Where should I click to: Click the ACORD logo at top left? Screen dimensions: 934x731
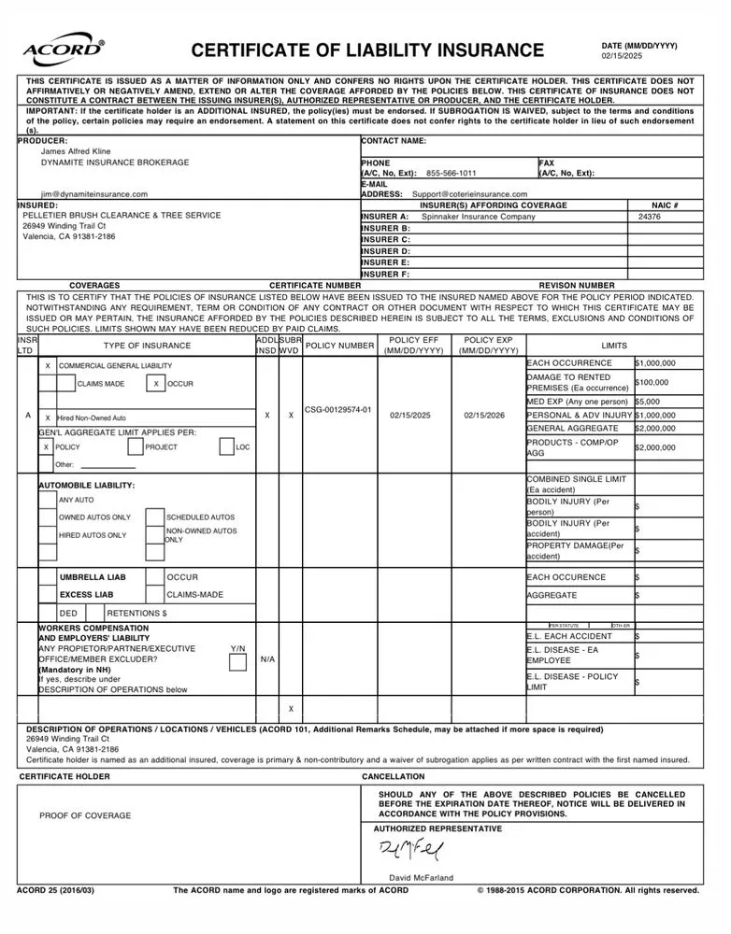tap(62, 50)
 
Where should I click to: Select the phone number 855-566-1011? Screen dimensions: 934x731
tap(451, 173)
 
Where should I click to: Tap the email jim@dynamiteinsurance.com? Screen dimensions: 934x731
tap(93, 194)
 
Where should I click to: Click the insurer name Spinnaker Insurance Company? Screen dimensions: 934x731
tap(479, 217)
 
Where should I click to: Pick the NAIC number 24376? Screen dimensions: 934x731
tap(650, 217)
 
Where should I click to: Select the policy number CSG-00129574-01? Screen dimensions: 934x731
tap(338, 409)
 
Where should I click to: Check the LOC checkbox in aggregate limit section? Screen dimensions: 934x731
tap(226, 447)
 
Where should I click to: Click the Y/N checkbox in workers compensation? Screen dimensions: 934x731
tap(237, 662)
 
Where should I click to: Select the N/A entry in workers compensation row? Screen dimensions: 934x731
tap(267, 659)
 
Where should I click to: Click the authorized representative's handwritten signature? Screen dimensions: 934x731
tap(412, 851)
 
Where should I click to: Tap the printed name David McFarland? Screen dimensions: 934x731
tap(421, 878)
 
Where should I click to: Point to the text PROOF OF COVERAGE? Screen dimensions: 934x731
tap(85, 815)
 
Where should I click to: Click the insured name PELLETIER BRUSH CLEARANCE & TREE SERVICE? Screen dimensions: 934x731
tap(122, 216)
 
